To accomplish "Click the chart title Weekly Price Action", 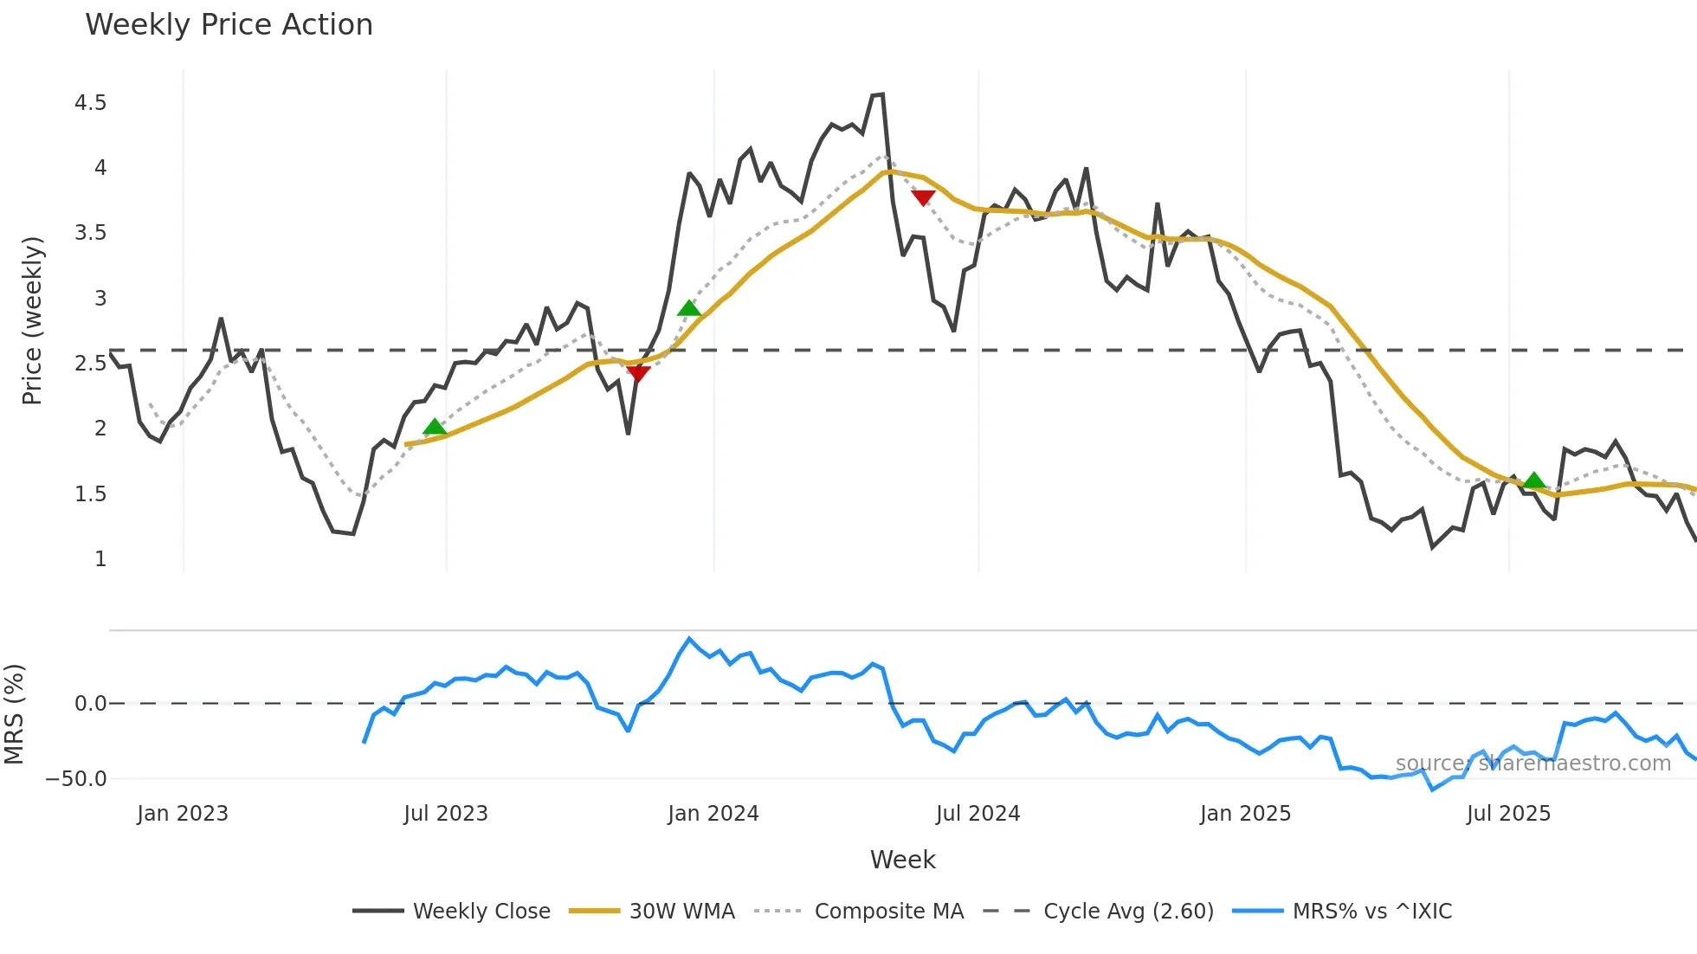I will pos(229,25).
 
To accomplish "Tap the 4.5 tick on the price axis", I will pos(90,103).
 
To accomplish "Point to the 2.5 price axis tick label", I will pos(90,363).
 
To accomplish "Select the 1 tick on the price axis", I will pos(100,559).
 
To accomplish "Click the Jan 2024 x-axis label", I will pos(713,814).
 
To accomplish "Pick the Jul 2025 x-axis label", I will pos(1508,814).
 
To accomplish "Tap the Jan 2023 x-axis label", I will pos(183,814).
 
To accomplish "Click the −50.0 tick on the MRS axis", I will pos(76,778).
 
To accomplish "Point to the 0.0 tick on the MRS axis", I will pos(90,704).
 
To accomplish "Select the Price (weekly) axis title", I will pos(32,320).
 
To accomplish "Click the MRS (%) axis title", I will pos(14,714).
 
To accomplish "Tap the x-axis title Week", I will pos(902,860).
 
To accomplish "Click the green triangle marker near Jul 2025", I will pos(1533,480).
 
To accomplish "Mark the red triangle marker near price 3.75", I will pos(923,198).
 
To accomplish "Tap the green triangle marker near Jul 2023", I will pos(435,427).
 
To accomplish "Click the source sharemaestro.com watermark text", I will pos(1532,764).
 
